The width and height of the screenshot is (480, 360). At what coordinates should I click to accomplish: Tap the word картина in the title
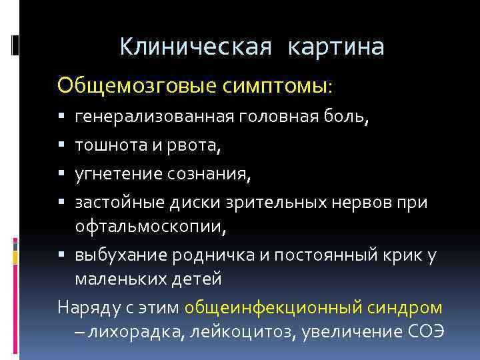click(x=337, y=47)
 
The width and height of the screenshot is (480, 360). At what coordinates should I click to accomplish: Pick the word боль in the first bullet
click(x=343, y=118)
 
